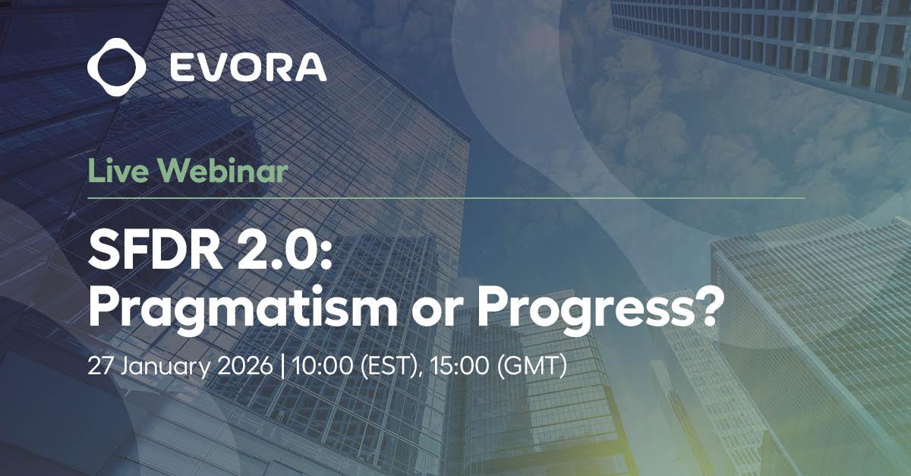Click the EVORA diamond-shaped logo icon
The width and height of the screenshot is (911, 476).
(116, 67)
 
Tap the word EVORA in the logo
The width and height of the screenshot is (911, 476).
(248, 67)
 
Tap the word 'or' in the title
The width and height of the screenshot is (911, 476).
(437, 313)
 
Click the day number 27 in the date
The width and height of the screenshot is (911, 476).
(101, 365)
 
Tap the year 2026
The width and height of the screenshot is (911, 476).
(245, 365)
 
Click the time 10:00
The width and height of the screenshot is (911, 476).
(323, 365)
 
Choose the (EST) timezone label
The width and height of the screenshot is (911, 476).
(390, 366)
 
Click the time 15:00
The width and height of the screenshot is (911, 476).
(459, 365)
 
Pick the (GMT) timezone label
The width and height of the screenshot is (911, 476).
(531, 366)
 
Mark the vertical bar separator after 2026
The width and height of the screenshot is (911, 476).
(283, 366)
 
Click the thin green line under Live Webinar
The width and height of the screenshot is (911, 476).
(446, 198)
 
